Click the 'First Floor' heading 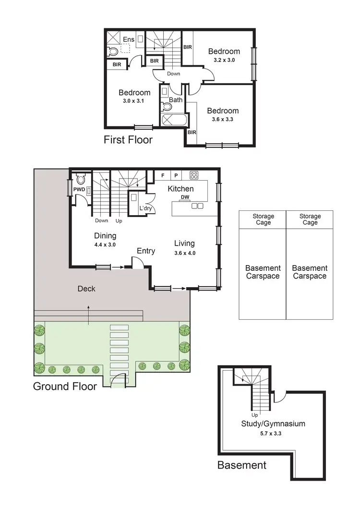tap(128, 140)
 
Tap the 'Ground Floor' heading tap(65, 386)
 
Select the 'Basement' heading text tap(241, 465)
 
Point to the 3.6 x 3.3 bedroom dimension tap(223, 120)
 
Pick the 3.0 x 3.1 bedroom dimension tap(134, 101)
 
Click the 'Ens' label tap(129, 39)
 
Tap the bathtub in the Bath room tap(172, 120)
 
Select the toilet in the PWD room tap(80, 180)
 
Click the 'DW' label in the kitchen tap(184, 197)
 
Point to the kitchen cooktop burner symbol tap(194, 175)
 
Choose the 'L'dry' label tap(145, 209)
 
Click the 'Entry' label tap(146, 251)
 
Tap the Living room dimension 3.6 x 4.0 tap(185, 253)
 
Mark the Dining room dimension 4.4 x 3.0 tap(105, 244)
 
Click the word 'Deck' tap(86, 289)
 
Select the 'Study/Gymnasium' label tap(274, 424)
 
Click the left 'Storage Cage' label tap(263, 219)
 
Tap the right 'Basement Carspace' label tap(310, 272)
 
